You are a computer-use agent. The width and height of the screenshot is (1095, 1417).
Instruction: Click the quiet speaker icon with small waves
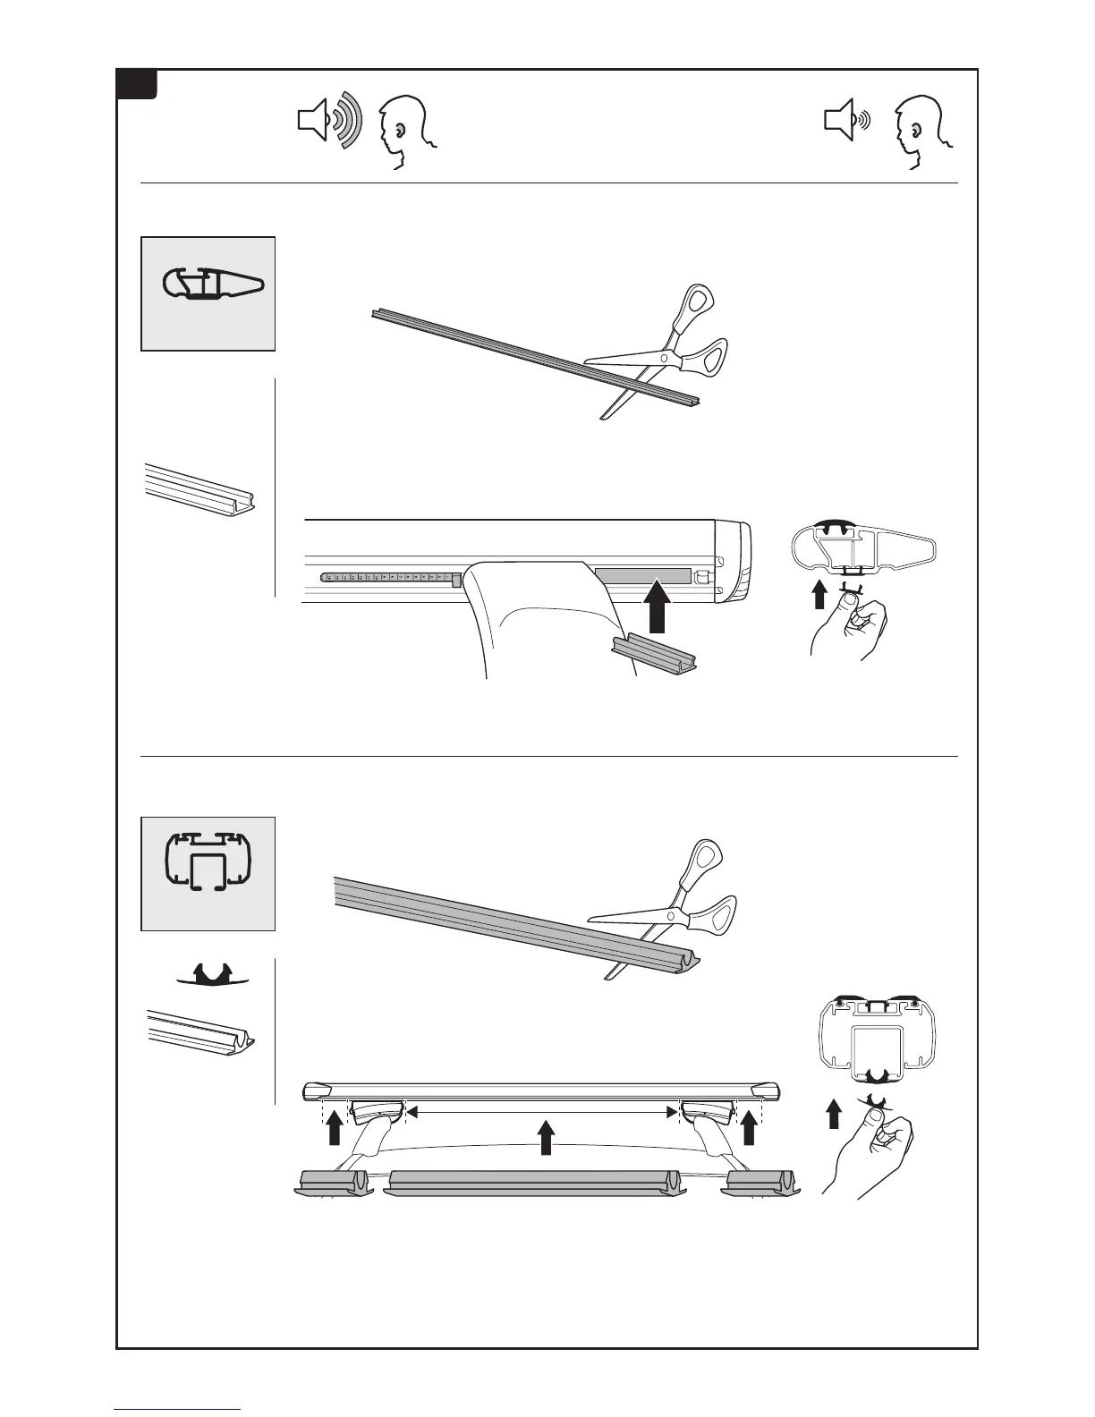point(845,121)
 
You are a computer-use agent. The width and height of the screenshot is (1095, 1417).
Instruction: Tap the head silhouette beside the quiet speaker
point(921,131)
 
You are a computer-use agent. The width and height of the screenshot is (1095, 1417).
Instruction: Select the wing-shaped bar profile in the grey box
point(213,285)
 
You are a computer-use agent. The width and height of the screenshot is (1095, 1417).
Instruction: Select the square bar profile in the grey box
point(209,863)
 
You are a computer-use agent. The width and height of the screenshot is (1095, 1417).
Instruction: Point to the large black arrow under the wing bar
point(658,606)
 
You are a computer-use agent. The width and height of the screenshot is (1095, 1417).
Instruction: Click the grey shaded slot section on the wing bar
point(642,574)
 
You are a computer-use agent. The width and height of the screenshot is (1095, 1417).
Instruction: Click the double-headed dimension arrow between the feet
point(540,1112)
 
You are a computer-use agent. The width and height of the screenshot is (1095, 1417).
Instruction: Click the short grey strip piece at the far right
point(760,1181)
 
